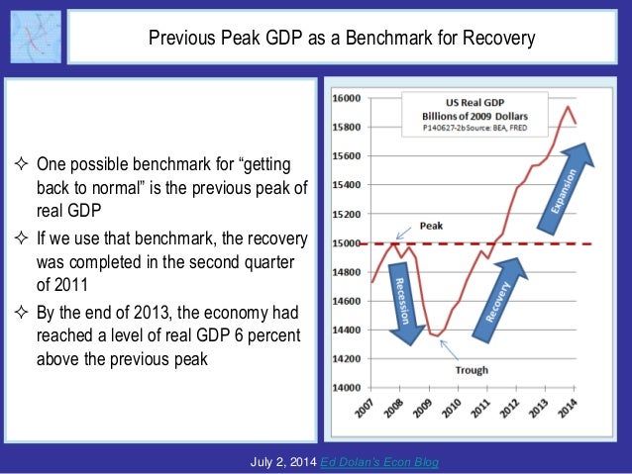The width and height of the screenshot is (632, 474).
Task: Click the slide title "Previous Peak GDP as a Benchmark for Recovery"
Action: [x=341, y=40]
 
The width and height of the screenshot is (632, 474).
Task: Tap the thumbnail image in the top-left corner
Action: [x=36, y=39]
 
